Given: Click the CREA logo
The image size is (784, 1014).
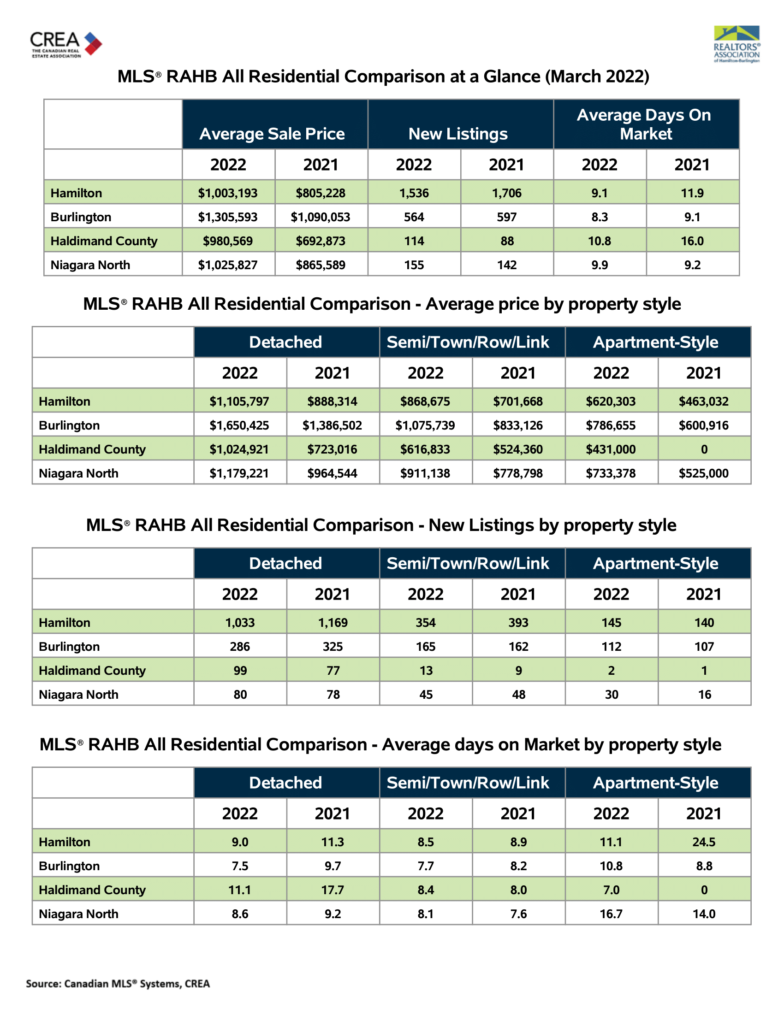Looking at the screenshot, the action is [66, 45].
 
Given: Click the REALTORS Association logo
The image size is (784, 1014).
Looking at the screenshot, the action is [736, 44].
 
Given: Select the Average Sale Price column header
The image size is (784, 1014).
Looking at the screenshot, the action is [272, 134].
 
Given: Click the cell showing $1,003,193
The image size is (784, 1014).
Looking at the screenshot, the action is [228, 193].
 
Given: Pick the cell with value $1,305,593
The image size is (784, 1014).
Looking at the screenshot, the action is [228, 217].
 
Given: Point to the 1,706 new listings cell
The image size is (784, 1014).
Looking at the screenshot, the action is [507, 193].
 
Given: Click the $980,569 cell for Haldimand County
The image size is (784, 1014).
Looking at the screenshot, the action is [228, 241].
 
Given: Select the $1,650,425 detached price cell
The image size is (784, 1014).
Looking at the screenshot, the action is [240, 425].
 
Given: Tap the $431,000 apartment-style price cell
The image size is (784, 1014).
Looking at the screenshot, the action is [611, 449].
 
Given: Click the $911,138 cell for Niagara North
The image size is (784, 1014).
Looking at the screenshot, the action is [426, 473].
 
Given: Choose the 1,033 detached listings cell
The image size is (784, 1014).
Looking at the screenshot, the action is [240, 623].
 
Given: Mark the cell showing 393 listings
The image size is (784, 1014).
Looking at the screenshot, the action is [518, 623].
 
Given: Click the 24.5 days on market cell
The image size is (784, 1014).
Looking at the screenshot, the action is [704, 842].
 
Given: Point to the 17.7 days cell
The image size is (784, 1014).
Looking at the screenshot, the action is [333, 890].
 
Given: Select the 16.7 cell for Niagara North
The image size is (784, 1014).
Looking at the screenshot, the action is [611, 914].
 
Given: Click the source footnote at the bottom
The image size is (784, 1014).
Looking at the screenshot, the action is [118, 984].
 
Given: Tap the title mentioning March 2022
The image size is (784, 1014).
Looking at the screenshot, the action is [384, 77].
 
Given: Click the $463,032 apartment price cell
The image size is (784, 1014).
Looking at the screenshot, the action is [704, 401].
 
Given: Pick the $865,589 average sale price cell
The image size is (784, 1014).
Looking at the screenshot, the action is [321, 265].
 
